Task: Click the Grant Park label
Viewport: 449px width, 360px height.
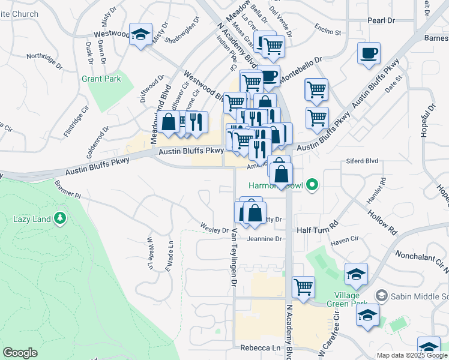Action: [x=101, y=79]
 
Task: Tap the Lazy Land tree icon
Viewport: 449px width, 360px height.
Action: [x=60, y=218]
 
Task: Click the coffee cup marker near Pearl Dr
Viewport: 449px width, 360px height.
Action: [x=368, y=53]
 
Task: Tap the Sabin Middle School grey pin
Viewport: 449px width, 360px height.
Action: [x=380, y=296]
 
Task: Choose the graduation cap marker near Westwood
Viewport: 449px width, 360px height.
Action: [x=140, y=35]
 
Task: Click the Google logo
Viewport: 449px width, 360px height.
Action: [x=20, y=353]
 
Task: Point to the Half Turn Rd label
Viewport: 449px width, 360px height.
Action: [x=318, y=230]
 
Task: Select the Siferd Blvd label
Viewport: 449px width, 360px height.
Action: [x=362, y=161]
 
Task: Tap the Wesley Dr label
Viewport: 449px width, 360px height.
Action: [x=214, y=230]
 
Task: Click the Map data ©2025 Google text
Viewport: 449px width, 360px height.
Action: [x=412, y=355]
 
